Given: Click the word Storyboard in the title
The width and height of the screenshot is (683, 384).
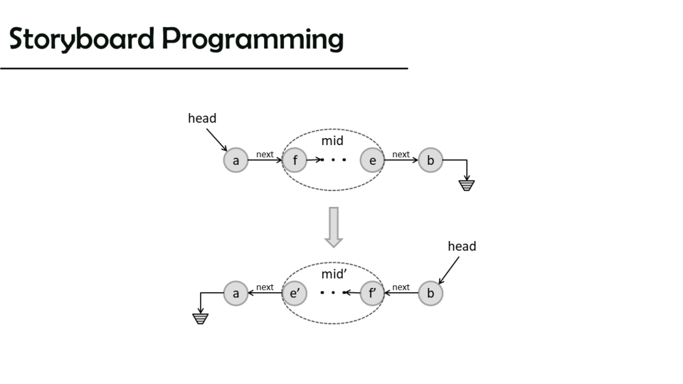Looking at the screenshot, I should point(83,39).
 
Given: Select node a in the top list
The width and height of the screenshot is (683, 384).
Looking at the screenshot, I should point(235,161).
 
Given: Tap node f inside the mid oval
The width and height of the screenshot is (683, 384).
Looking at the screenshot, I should point(295,161).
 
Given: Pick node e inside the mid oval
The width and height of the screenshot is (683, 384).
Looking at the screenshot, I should point(372,161).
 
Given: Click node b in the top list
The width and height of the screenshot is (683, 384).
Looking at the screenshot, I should point(430,161).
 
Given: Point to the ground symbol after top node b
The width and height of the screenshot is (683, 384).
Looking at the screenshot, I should point(467,186).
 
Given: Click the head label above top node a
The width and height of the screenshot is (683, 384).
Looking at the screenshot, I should point(202,118).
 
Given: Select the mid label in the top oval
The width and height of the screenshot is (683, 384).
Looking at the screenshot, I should point(332,141).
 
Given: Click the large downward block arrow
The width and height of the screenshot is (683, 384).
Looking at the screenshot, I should point(333,227).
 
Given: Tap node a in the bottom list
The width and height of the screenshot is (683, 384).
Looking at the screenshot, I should point(235,293).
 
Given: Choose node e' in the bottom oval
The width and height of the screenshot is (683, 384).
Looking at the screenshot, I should point(294,293).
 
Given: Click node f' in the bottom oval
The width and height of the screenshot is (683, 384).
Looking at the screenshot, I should point(372,293).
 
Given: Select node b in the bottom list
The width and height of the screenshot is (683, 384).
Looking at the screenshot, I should point(430,293).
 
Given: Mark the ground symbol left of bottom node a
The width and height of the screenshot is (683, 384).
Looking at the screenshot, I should point(201,319).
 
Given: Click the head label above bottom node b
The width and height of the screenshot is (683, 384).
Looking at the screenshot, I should point(462,246).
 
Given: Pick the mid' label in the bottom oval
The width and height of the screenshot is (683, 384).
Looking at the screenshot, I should point(333,274).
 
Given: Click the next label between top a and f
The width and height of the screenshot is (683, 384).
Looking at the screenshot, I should point(265,154).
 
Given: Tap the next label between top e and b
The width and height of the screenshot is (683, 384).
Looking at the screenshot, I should point(401,154).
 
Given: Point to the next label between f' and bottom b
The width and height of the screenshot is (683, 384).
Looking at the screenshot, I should point(401,287).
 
